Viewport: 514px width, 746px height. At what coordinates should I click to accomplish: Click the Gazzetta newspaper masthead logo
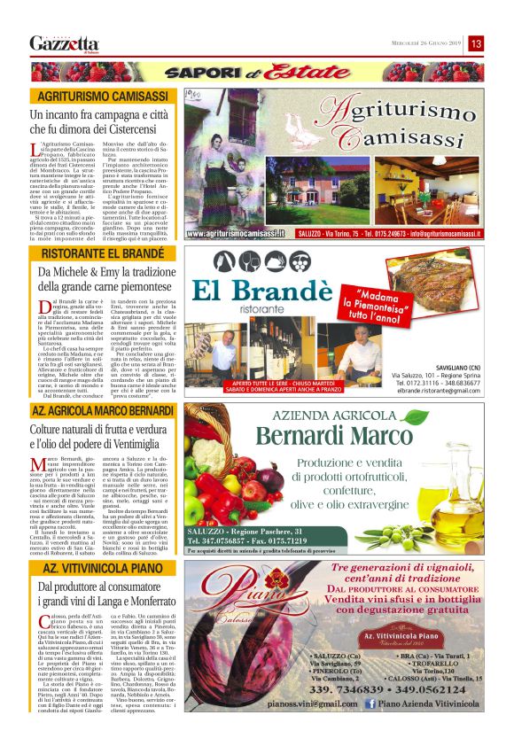coord(64,44)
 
